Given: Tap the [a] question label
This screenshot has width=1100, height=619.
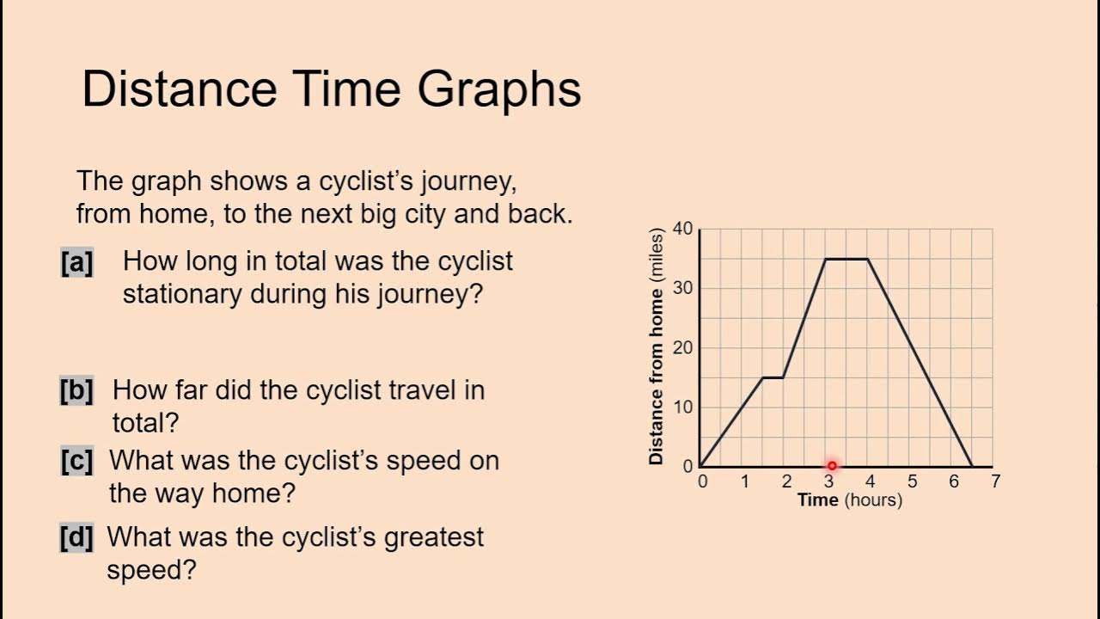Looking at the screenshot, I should [76, 262].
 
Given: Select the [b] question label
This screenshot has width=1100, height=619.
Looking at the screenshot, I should [76, 390].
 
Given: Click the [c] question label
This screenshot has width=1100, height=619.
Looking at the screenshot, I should [76, 461].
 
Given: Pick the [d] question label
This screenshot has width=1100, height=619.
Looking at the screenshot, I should [76, 538].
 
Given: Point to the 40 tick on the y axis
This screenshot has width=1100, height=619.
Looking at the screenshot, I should [682, 229].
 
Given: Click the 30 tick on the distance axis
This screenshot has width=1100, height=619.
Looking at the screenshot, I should [682, 288].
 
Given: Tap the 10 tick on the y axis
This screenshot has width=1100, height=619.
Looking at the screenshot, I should [682, 407].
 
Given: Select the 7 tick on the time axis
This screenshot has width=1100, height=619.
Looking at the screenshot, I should [995, 481].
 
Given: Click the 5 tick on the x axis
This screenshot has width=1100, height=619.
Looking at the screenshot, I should [912, 481].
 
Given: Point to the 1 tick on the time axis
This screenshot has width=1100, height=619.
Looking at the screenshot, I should [745, 481].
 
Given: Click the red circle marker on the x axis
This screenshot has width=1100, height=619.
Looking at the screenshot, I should [831, 466].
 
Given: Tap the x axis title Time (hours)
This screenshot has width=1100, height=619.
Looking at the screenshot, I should [849, 500].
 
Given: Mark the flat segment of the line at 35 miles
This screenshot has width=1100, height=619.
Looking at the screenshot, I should [846, 259].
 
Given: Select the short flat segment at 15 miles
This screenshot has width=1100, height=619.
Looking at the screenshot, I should [773, 377].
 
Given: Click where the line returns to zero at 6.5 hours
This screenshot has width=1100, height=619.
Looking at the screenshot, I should [972, 466].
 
